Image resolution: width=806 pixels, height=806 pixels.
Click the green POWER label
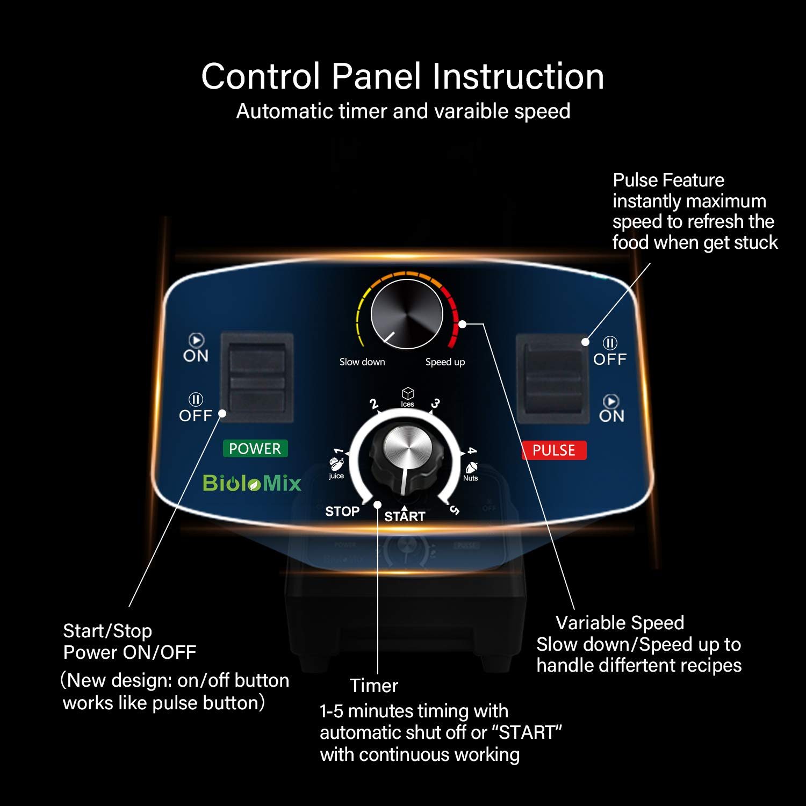(x=255, y=449)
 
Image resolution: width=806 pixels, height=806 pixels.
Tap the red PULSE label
(x=554, y=450)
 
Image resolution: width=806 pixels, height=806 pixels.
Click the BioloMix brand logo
(x=252, y=483)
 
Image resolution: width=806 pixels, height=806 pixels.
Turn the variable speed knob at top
(x=407, y=315)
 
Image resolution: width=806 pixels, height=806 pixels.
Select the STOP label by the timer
(x=342, y=512)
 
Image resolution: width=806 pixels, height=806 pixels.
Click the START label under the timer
(x=405, y=516)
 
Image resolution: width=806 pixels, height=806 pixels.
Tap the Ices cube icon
(x=408, y=393)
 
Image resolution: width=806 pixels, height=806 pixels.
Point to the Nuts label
(x=470, y=478)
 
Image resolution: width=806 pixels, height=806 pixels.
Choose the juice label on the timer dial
(x=336, y=476)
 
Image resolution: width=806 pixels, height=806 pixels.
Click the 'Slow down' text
(x=362, y=362)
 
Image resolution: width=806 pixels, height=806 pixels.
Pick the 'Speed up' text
(x=445, y=362)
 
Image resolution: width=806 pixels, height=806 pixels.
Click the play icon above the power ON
(x=196, y=340)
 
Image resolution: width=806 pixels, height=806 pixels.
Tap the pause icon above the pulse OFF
(x=610, y=343)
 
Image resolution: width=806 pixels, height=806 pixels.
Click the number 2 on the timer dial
(x=374, y=404)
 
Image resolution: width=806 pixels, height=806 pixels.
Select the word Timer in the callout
(x=374, y=686)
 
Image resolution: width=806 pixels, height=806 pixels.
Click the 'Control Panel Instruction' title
(x=402, y=76)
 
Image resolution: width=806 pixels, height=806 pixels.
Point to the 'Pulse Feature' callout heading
(x=668, y=180)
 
